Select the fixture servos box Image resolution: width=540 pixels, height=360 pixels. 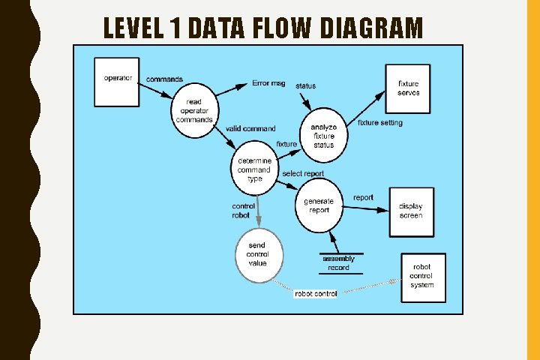pyautogui.click(x=408, y=88)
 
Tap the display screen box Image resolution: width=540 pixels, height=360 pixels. pyautogui.click(x=410, y=211)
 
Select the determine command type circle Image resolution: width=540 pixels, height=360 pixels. pyautogui.click(x=254, y=169)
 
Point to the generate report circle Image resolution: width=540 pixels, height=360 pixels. pyautogui.click(x=319, y=205)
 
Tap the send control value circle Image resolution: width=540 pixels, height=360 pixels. pyautogui.click(x=257, y=255)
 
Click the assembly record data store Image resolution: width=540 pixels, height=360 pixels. pyautogui.click(x=338, y=262)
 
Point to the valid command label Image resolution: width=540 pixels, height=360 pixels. pyautogui.click(x=250, y=129)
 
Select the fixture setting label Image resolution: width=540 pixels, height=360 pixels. pyautogui.click(x=379, y=123)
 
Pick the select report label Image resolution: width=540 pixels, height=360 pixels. pyautogui.click(x=303, y=174)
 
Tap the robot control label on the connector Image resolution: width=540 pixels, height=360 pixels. pyautogui.click(x=315, y=293)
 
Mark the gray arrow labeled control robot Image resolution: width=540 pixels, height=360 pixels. pyautogui.click(x=259, y=206)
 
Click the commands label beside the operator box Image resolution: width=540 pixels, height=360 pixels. pyautogui.click(x=164, y=79)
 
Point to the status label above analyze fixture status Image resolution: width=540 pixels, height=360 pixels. pyautogui.click(x=305, y=86)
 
